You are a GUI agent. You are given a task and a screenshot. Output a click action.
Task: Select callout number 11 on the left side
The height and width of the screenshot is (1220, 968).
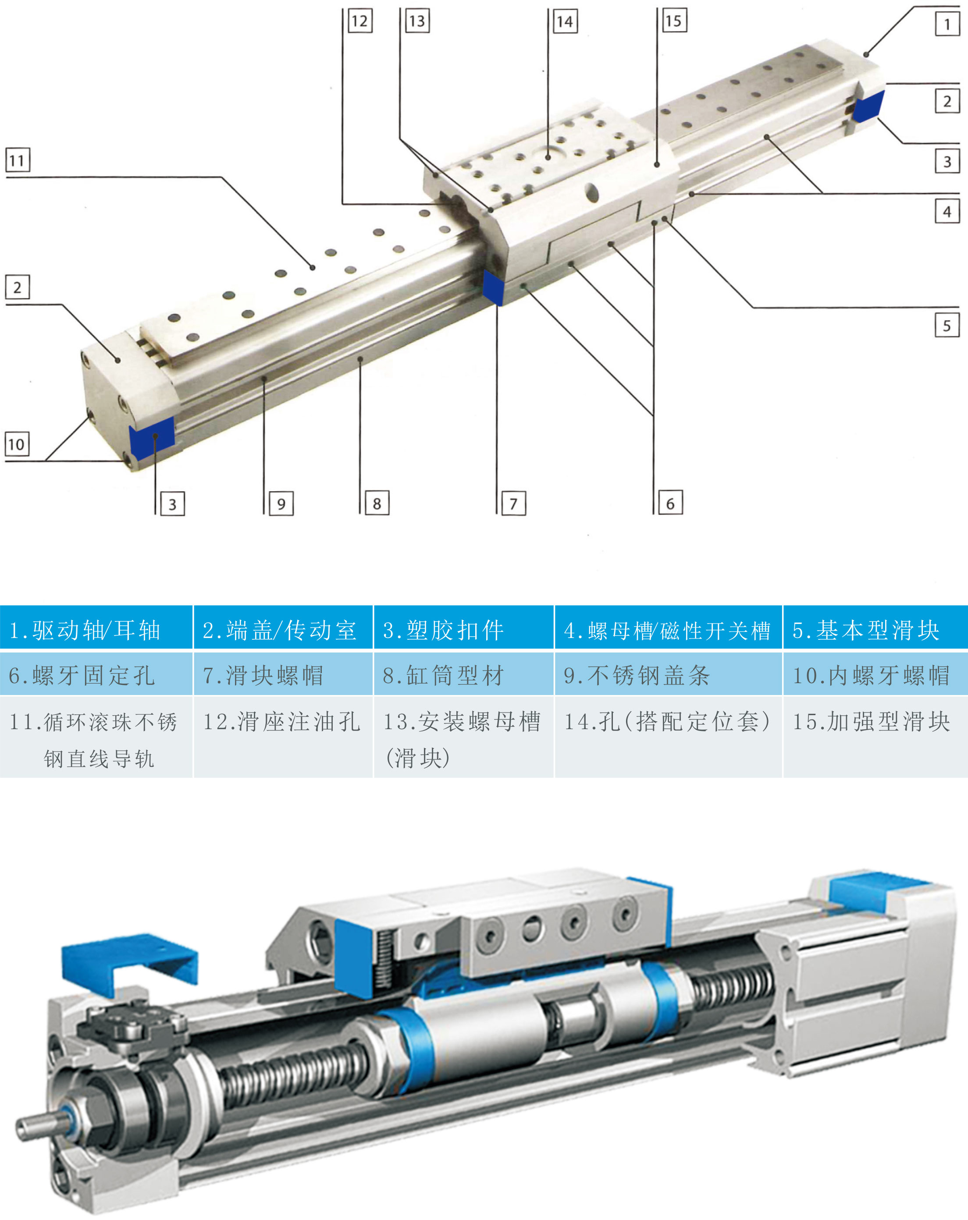click(18, 160)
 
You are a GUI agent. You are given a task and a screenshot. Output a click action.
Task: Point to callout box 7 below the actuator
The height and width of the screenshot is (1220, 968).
click(513, 503)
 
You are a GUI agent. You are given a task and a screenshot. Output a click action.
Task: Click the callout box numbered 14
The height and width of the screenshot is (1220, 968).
click(565, 21)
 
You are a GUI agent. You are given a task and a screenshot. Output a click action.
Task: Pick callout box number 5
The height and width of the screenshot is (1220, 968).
click(947, 325)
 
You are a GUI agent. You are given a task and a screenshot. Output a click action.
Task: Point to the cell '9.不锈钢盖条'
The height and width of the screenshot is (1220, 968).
click(669, 674)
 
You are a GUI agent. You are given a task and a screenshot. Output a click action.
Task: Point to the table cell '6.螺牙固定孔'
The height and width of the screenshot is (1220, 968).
click(96, 674)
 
